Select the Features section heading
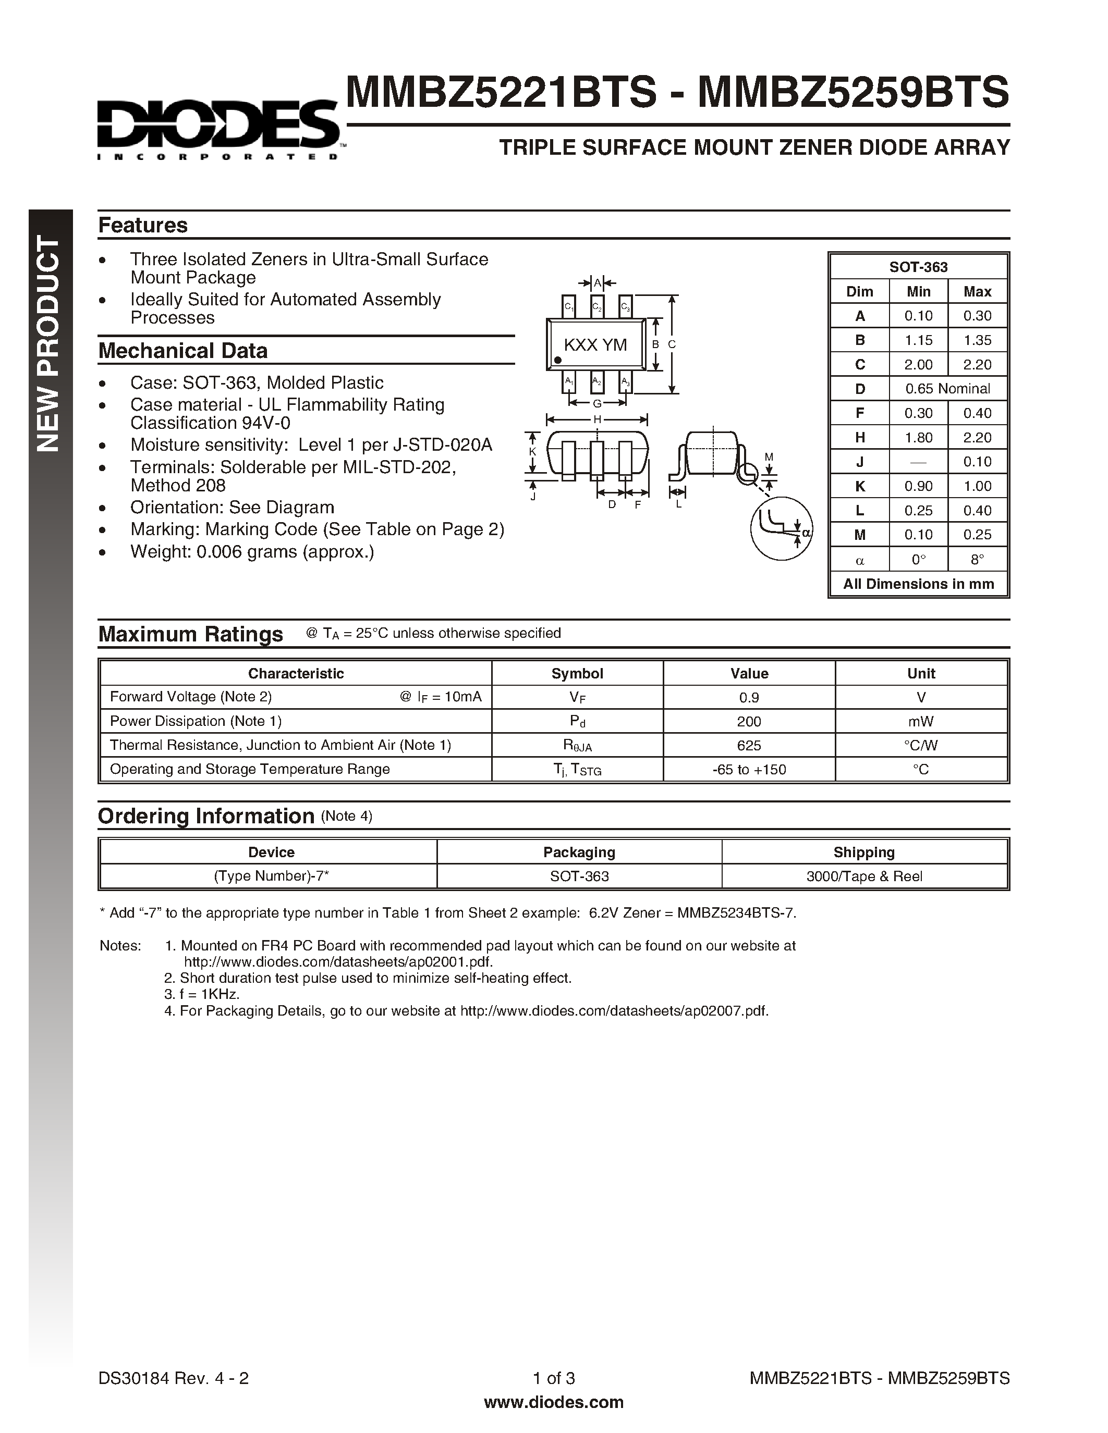142,225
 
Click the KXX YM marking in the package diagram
595,344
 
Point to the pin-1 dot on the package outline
557,360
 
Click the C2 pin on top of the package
596,306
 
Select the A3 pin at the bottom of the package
626,382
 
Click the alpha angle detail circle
781,528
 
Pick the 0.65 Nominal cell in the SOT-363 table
947,388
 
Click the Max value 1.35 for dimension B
977,340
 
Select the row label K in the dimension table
859,486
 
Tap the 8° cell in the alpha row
977,560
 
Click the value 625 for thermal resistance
748,745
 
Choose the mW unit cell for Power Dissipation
920,721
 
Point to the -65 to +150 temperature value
748,770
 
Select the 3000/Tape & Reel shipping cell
864,876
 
